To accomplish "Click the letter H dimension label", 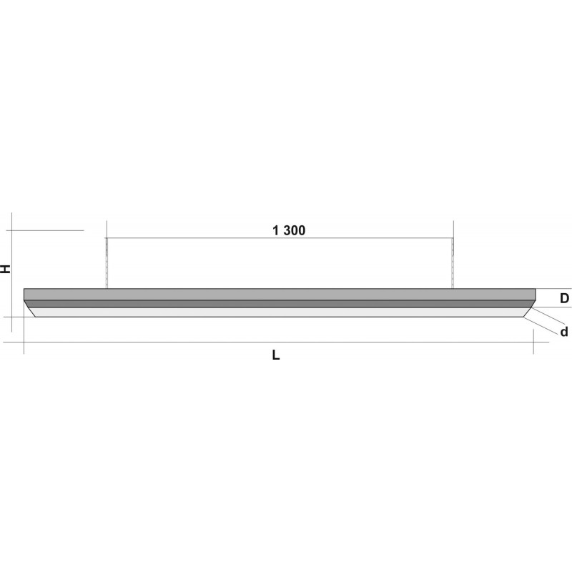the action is click(x=6, y=269).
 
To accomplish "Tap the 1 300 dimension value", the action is click(x=289, y=230).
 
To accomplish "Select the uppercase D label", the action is click(x=564, y=298).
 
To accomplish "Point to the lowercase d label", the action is click(x=564, y=332).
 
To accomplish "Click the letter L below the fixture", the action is click(x=276, y=355).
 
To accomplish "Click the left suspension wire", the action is click(x=107, y=263).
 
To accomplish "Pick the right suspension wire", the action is click(x=453, y=263).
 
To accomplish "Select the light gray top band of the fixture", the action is click(x=280, y=295).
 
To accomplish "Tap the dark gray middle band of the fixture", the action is click(x=280, y=304).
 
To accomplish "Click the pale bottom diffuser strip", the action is click(x=280, y=312).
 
